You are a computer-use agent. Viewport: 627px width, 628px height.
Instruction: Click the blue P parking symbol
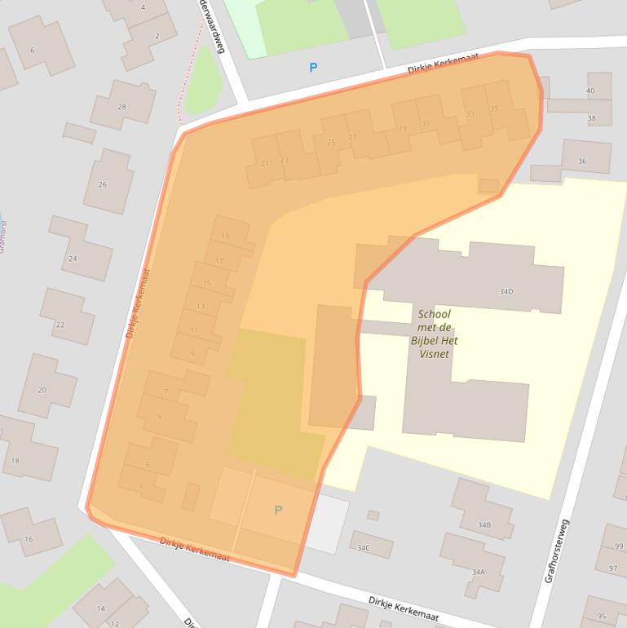coord(313,68)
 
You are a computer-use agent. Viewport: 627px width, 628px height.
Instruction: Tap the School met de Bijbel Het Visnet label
coord(433,334)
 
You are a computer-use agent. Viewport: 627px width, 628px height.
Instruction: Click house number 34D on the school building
coord(506,291)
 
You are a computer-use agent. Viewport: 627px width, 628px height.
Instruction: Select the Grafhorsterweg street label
coord(557,551)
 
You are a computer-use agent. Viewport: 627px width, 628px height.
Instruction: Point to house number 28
coord(121,107)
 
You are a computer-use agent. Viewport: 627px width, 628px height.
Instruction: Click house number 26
coord(103,184)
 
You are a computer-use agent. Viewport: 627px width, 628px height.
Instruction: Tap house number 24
coord(73,259)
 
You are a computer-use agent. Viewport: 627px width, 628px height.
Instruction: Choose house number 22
coord(60,325)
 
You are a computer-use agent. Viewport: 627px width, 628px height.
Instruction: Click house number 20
coord(42,390)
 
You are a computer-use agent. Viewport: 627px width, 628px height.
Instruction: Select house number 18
coord(15,461)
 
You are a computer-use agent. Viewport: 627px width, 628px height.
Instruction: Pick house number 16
coord(29,539)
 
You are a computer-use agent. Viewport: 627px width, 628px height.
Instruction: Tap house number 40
coord(590,91)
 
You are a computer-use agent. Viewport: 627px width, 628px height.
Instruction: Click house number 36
coord(581,161)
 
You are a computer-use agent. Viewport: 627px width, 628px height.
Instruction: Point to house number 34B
coord(484,524)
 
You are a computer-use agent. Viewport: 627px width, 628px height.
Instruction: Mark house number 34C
coord(363,548)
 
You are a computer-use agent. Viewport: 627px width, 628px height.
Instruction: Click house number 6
coord(33,51)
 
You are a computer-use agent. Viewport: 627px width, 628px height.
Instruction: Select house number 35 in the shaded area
coord(494,108)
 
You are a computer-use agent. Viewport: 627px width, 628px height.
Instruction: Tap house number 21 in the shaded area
coord(264,164)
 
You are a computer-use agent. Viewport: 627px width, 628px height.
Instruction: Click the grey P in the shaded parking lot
coord(278,510)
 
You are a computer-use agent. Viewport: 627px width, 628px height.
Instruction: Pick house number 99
coord(619,546)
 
